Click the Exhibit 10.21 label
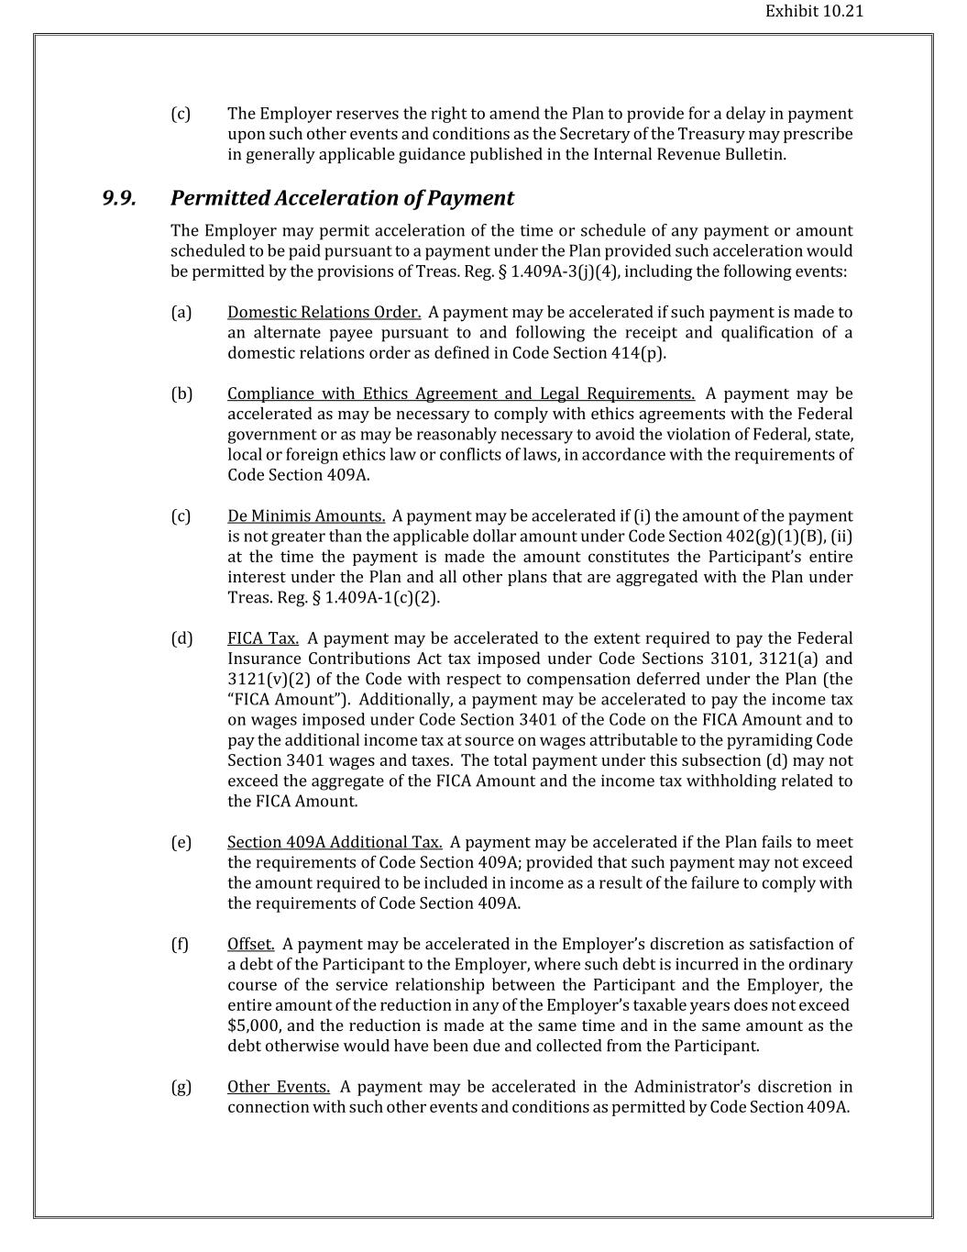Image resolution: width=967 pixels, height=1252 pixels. (814, 12)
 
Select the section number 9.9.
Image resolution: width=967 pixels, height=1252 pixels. (119, 198)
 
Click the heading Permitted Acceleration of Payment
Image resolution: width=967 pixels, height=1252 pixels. (342, 198)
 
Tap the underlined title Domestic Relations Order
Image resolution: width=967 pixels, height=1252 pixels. (324, 313)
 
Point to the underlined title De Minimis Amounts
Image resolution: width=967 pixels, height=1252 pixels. (306, 516)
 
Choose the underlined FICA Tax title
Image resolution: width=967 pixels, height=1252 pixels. (263, 638)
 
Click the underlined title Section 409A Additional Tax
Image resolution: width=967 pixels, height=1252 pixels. (335, 842)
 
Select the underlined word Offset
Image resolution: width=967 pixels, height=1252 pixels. (250, 944)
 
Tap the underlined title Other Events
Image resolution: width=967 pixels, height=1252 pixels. (279, 1087)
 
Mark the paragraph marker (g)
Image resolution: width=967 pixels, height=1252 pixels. (181, 1087)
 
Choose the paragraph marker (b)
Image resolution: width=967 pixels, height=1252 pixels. (181, 393)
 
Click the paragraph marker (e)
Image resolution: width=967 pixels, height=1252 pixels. (181, 842)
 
